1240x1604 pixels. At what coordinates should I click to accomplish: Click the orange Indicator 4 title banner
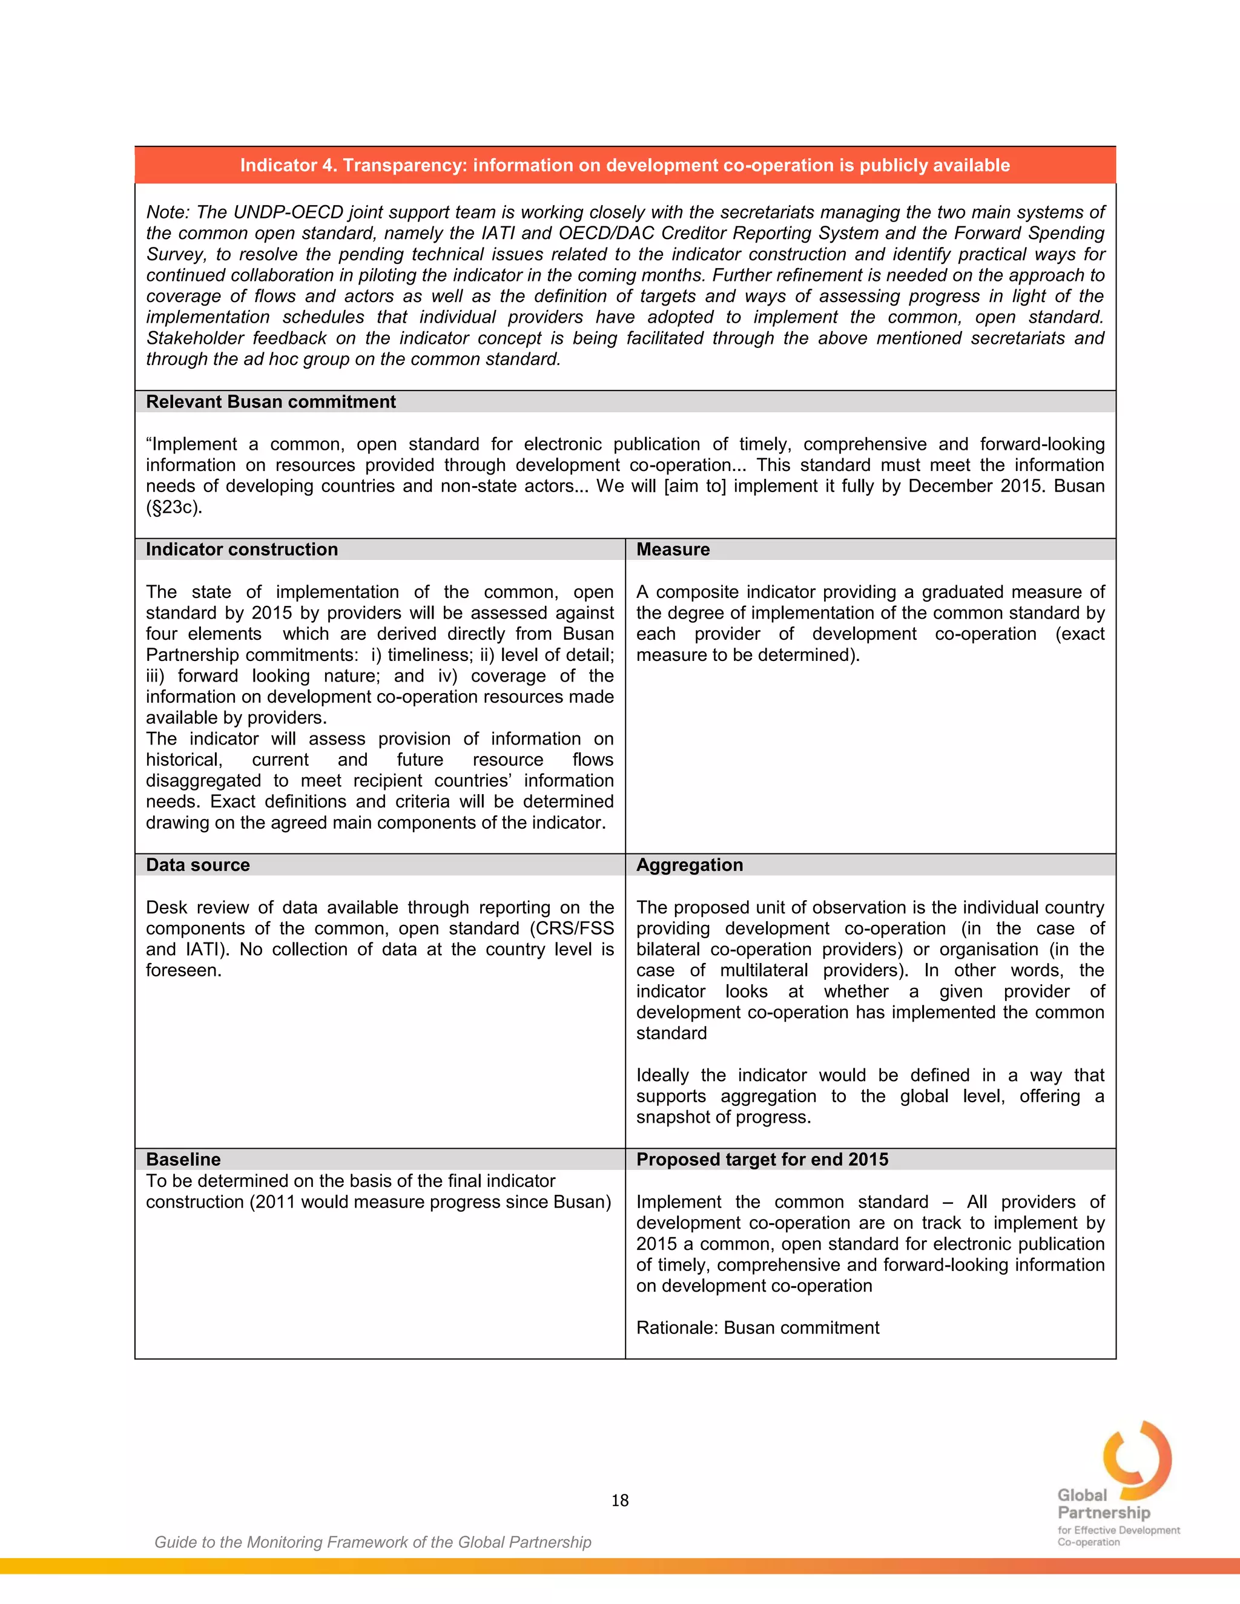click(x=624, y=165)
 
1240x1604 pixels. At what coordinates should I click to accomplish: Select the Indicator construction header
click(x=242, y=550)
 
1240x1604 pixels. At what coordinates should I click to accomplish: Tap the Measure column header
click(x=673, y=550)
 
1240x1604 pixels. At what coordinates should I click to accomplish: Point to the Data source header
click(x=197, y=864)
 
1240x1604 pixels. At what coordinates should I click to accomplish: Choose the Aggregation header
click(x=689, y=864)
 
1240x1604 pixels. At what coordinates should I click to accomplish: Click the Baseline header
click(x=183, y=1159)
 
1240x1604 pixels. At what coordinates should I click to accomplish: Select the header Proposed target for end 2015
click(x=762, y=1159)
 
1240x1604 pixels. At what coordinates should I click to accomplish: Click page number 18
click(x=619, y=1500)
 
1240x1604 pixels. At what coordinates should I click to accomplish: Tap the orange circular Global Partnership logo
click(x=1137, y=1460)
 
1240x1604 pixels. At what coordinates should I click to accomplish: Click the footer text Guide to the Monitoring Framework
click(x=372, y=1542)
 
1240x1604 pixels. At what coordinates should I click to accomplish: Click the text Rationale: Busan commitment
click(x=757, y=1327)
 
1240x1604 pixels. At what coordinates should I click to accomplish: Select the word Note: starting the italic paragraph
click(x=168, y=212)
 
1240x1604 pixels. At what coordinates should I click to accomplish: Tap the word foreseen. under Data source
click(x=183, y=970)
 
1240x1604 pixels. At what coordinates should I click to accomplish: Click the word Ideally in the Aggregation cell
click(x=662, y=1075)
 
